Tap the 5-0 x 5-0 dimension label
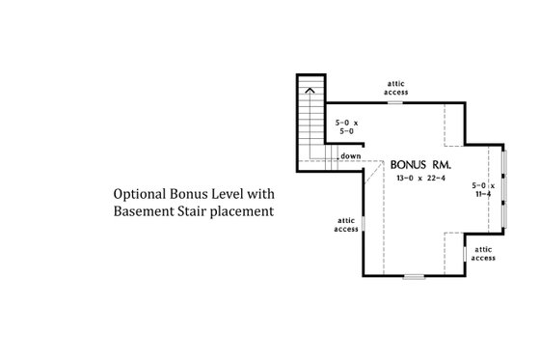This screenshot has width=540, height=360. [x=346, y=128]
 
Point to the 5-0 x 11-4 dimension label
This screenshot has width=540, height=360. [x=482, y=189]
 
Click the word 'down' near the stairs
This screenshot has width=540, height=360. [x=351, y=155]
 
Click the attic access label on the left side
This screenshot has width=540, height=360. [x=346, y=225]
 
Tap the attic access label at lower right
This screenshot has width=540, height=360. [x=483, y=255]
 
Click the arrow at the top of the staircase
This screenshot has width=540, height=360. [x=310, y=90]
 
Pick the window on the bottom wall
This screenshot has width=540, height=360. [x=414, y=277]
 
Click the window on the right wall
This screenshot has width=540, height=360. [x=502, y=189]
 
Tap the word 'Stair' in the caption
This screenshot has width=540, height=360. [x=198, y=209]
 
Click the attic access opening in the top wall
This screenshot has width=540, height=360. [x=395, y=100]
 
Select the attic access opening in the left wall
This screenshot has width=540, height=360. [x=364, y=225]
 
